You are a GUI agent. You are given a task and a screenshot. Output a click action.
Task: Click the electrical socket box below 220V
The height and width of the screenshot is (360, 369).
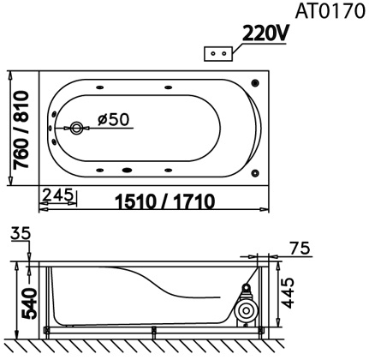coord(218,53)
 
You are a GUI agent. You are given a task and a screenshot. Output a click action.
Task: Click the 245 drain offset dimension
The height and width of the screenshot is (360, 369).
coord(57,196)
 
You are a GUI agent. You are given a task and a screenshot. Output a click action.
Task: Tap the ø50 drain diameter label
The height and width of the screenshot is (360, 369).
coord(113,120)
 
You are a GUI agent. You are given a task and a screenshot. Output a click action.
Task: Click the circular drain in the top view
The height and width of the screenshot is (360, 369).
coord(77,129)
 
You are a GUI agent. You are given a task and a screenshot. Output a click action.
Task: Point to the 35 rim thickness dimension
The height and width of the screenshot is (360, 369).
coord(22,232)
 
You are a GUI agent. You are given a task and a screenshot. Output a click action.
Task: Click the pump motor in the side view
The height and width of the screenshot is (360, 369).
coord(246,309)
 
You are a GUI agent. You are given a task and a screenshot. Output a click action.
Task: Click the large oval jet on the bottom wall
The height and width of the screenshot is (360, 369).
coord(131,169)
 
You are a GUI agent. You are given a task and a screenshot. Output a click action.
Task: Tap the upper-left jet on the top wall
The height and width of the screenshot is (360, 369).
coord(102,88)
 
